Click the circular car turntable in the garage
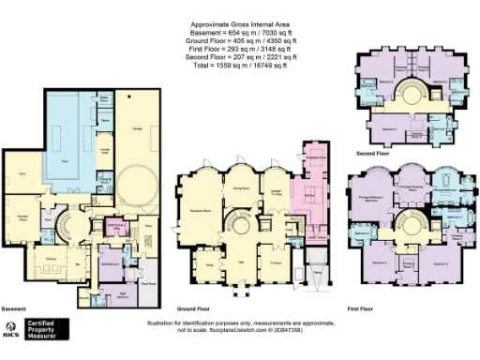point(137,180)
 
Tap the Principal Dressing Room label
point(411,186)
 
